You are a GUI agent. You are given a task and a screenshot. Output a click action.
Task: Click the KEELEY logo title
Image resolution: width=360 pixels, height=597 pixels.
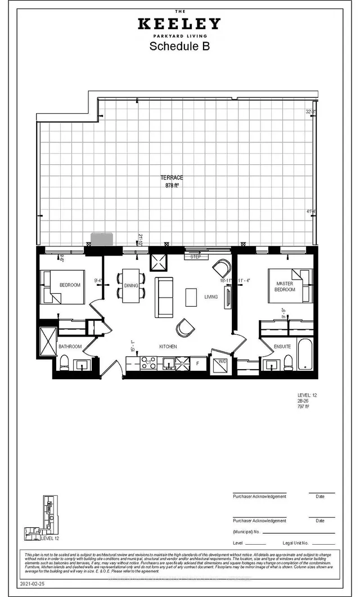[179, 24]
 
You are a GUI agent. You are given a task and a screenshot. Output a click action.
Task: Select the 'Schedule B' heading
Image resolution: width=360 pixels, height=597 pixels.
[179, 47]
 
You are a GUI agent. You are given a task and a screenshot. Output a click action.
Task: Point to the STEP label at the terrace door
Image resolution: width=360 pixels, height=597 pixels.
[196, 257]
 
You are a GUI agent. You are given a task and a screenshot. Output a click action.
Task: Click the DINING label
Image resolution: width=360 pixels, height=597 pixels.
[131, 286]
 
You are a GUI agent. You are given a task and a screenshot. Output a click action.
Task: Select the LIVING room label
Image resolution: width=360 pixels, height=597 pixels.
[211, 297]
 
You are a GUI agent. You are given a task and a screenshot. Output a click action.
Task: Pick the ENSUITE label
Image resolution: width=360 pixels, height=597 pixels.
[282, 347]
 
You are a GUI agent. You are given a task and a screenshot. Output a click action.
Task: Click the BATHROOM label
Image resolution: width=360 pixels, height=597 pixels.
[70, 347]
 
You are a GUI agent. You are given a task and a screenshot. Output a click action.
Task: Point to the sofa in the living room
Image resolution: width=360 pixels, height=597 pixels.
[165, 297]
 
